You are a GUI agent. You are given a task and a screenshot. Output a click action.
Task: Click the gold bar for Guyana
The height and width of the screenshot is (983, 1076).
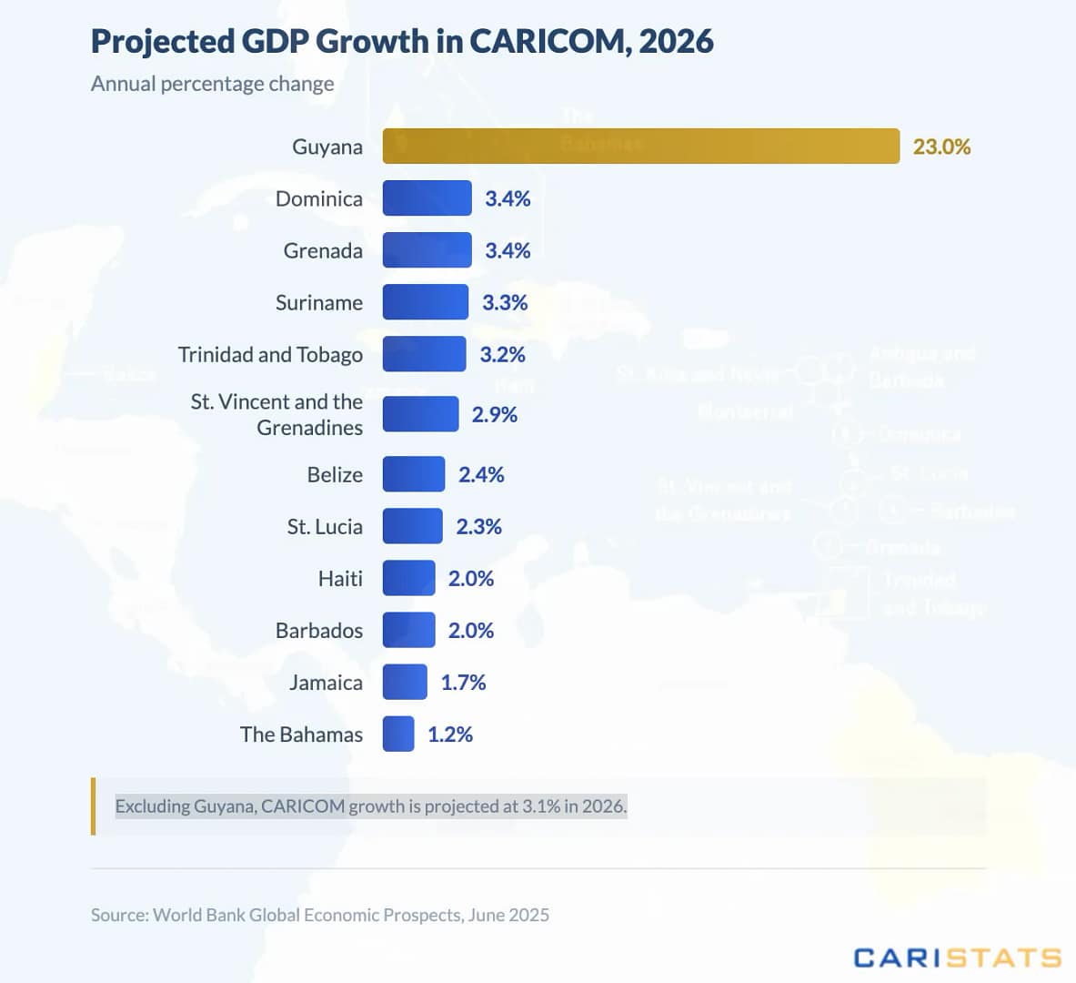[640, 146]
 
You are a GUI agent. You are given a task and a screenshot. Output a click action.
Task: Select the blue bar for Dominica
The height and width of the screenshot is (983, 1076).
[427, 198]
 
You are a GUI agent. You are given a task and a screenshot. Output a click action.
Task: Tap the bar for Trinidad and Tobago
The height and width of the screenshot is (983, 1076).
[424, 354]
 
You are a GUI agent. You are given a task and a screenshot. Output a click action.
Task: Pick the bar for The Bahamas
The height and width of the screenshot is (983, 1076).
[398, 734]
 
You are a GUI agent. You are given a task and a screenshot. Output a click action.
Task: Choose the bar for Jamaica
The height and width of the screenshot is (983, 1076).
[405, 682]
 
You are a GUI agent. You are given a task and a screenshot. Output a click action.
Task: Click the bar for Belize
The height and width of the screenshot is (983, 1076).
[414, 474]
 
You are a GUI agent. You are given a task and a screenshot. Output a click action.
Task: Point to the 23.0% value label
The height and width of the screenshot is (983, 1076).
[941, 147]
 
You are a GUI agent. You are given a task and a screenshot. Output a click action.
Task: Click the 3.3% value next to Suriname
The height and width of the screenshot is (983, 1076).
[505, 302]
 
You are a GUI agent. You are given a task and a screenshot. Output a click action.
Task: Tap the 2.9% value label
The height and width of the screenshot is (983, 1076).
[494, 414]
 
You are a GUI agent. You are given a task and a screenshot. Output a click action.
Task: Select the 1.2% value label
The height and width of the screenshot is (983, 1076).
[450, 734]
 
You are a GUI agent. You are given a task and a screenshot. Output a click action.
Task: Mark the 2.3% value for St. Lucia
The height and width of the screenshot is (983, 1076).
[478, 526]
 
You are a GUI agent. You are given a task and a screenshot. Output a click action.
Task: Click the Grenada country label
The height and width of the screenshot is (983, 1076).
[323, 250]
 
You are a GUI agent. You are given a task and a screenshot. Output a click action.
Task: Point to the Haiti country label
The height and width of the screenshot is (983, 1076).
[340, 578]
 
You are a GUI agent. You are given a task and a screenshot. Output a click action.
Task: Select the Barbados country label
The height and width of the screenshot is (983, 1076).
[319, 630]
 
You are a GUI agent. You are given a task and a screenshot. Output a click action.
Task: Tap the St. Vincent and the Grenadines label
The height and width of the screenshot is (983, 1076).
[277, 414]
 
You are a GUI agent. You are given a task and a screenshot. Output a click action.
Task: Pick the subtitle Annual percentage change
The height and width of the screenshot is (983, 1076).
[213, 84]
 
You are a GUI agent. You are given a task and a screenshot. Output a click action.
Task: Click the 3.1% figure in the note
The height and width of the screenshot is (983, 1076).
[541, 806]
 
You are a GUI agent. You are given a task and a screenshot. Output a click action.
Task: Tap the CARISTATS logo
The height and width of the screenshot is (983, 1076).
[957, 958]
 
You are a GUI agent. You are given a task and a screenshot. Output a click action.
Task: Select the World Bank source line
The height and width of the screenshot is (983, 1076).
[320, 915]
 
